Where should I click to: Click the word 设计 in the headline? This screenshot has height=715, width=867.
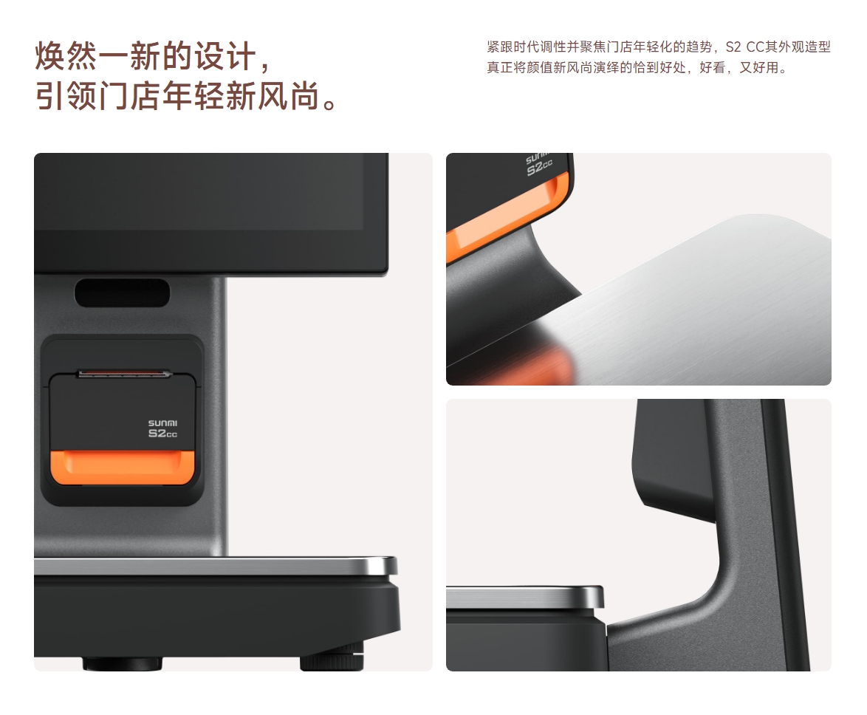225,56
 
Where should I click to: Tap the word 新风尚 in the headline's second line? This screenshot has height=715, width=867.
273,96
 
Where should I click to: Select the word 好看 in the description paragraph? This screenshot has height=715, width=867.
712,67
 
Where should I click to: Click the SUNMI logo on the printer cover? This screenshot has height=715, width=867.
162,423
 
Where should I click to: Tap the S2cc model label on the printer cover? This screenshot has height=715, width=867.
162,434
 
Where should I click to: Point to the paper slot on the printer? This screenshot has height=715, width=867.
124,374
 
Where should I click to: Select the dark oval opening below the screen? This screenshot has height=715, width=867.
122,292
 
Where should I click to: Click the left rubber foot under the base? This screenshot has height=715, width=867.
123,663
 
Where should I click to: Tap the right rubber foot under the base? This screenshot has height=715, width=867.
332,663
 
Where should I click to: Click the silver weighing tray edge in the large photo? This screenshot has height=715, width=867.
216,566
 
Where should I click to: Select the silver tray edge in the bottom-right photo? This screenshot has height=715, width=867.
525,598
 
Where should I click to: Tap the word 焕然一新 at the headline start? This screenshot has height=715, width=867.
98,56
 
